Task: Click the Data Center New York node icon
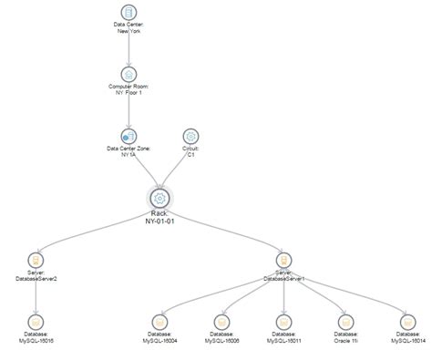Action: (129, 14)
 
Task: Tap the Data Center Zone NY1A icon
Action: (129, 136)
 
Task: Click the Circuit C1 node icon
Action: (190, 136)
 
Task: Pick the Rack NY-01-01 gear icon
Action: (159, 198)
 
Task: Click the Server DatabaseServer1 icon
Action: (284, 260)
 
